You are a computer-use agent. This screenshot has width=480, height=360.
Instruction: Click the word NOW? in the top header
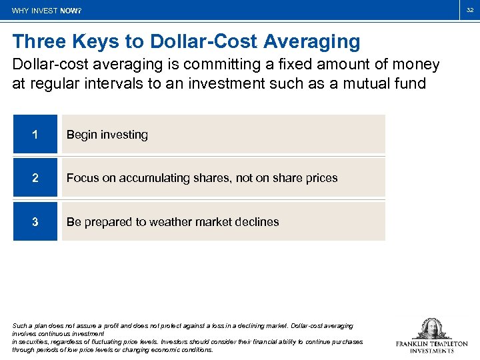coord(71,11)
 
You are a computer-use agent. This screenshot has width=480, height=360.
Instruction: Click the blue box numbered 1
coord(35,135)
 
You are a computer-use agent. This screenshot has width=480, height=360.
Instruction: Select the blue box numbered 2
coord(35,178)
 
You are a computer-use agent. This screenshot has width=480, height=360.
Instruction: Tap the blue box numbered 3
coord(35,222)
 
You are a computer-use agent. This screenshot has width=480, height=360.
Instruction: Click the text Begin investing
coord(107,135)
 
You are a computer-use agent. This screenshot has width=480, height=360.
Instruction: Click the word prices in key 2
coord(321,178)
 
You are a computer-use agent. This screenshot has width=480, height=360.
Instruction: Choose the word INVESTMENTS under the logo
coord(432,351)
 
